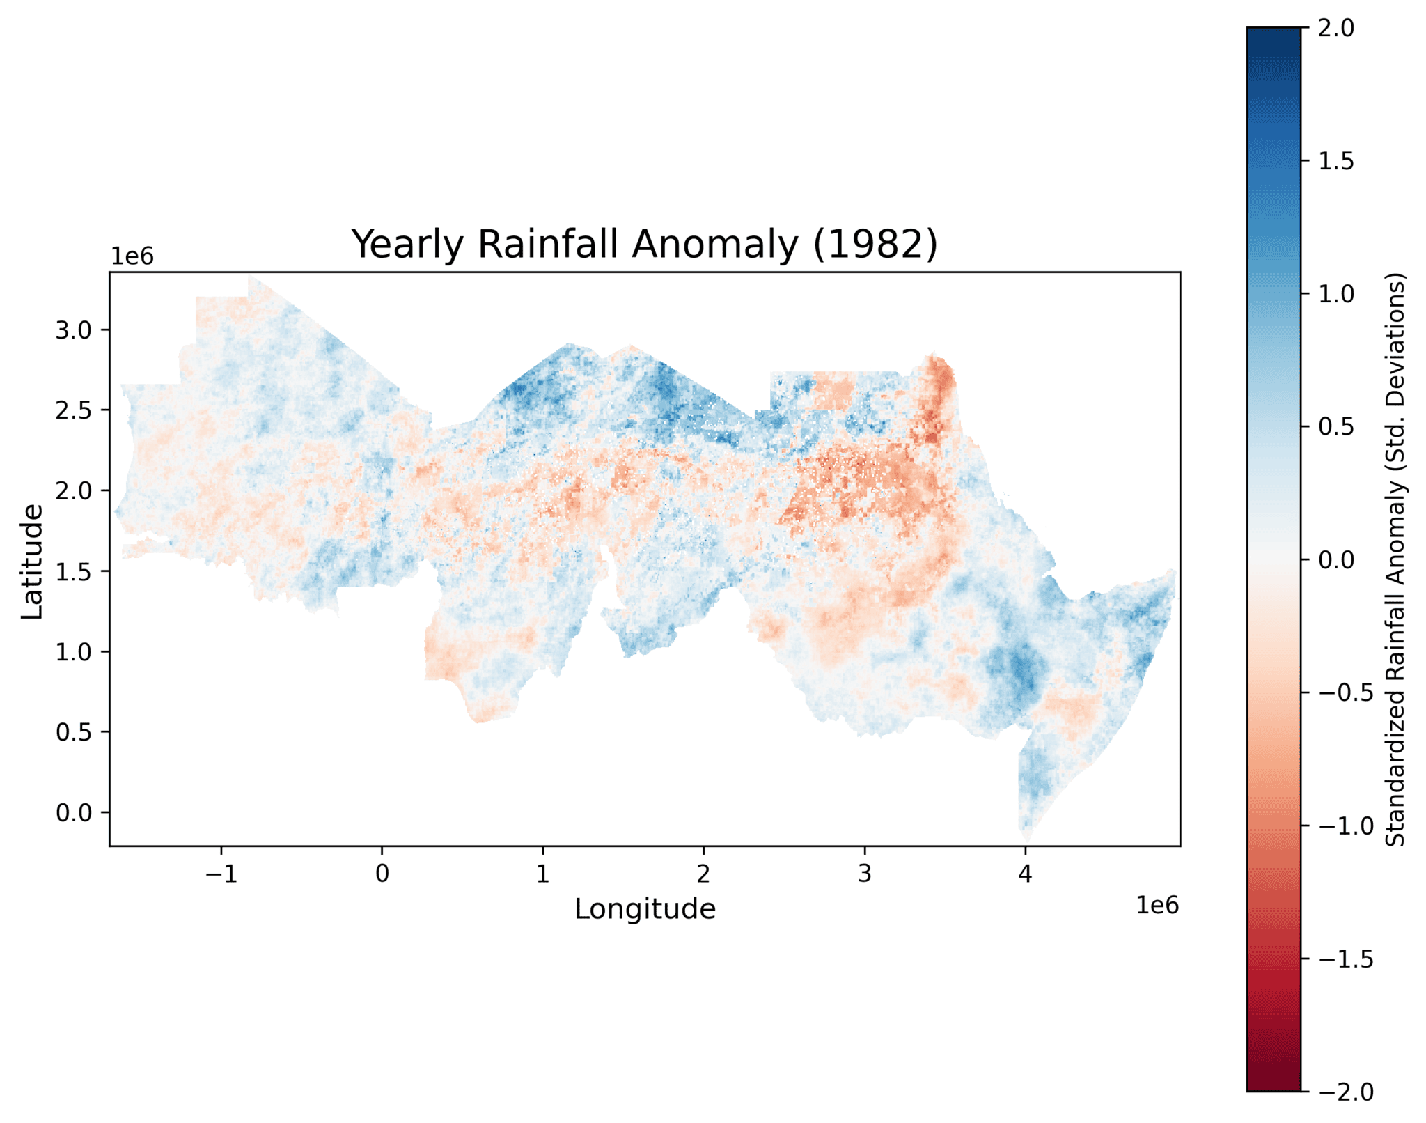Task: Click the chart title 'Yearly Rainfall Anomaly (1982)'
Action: (644, 245)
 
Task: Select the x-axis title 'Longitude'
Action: (645, 909)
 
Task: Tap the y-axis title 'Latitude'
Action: (32, 561)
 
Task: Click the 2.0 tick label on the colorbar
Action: (1336, 29)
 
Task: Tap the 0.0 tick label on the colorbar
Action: (1336, 560)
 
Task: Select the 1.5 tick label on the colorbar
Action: (1336, 161)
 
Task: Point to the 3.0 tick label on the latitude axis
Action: (74, 330)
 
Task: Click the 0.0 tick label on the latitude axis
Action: (74, 812)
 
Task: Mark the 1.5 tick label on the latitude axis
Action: (74, 571)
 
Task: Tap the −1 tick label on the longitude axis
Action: (221, 874)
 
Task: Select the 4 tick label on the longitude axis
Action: (1025, 874)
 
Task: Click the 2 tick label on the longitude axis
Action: (703, 874)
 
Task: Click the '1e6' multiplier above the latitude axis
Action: (132, 257)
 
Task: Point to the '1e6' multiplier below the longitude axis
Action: (1157, 906)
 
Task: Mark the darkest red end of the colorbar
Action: (1274, 1085)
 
